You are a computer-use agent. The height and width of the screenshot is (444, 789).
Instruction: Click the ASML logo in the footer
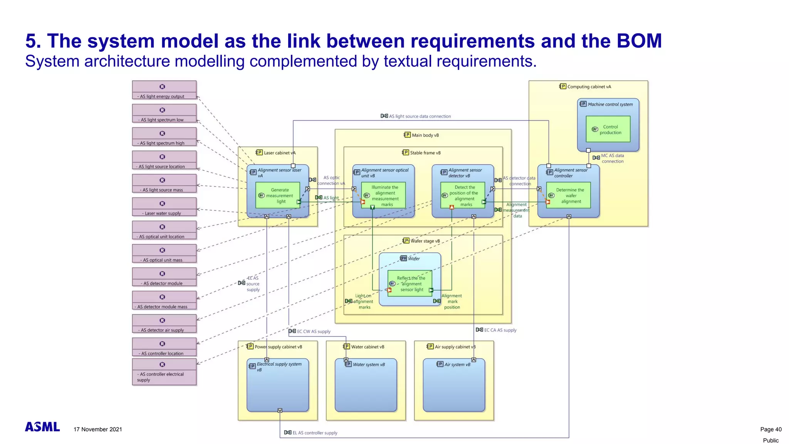pyautogui.click(x=42, y=427)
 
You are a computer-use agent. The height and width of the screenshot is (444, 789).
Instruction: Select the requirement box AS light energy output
pyautogui.click(x=164, y=90)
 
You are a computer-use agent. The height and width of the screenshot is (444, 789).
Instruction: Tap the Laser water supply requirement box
pyautogui.click(x=164, y=207)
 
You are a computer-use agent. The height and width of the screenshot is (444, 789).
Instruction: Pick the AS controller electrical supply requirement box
pyautogui.click(x=164, y=372)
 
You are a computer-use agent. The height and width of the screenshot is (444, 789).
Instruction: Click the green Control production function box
pyautogui.click(x=608, y=129)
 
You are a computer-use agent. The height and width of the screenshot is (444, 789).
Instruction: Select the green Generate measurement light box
pyautogui.click(x=277, y=195)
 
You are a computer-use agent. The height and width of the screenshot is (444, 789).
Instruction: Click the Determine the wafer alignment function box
pyautogui.click(x=568, y=195)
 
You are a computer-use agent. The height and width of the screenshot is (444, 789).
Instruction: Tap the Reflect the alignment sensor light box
pyautogui.click(x=410, y=284)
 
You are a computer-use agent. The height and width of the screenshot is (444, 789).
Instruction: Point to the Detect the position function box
pyautogui.click(x=462, y=195)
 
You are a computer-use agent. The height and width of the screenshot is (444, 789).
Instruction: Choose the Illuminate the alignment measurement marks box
pyautogui.click(x=383, y=195)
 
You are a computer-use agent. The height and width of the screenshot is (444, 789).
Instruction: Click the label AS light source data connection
pyautogui.click(x=419, y=116)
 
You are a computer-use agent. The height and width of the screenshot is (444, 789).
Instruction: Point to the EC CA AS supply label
pyautogui.click(x=500, y=330)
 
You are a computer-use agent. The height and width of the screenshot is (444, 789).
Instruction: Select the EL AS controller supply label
pyautogui.click(x=314, y=433)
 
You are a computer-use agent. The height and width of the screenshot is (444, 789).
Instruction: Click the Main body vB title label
pyautogui.click(x=425, y=135)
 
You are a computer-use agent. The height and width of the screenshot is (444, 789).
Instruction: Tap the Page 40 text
pyautogui.click(x=771, y=429)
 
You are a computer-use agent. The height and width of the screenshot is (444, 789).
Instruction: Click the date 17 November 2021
pyautogui.click(x=98, y=429)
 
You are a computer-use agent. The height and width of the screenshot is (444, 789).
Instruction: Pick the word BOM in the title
pyautogui.click(x=639, y=41)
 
